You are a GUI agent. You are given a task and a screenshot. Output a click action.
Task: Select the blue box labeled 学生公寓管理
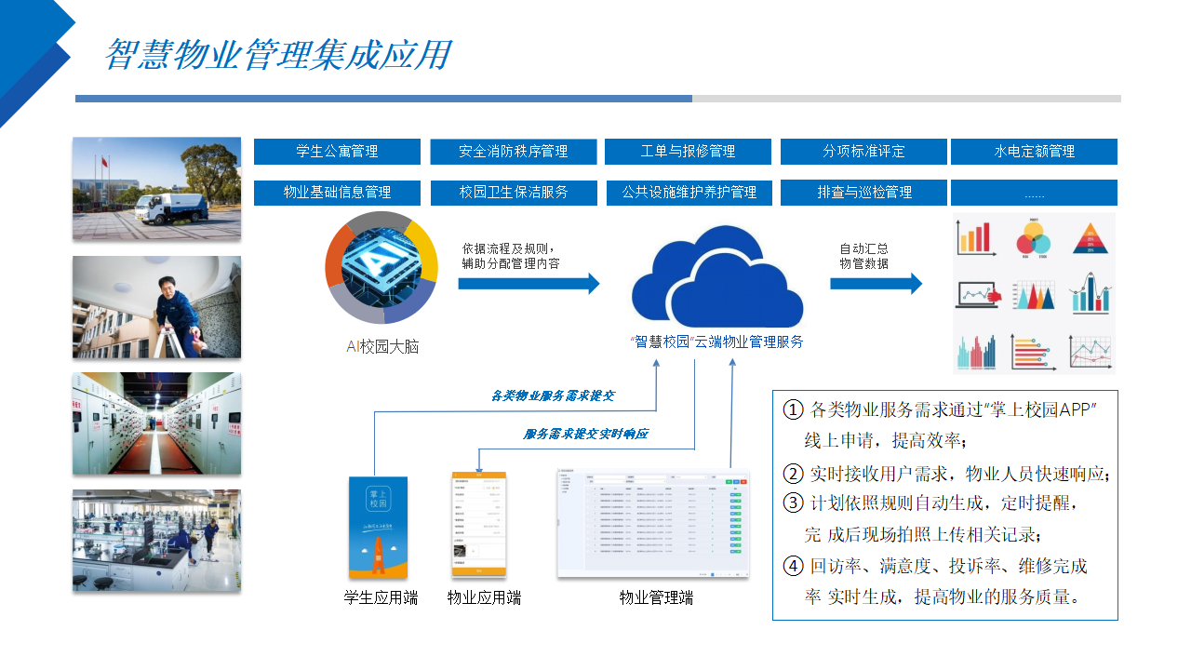pos(337,152)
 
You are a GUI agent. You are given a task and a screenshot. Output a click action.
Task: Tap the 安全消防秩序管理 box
pos(513,152)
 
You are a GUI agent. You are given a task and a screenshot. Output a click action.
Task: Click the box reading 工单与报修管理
pos(688,152)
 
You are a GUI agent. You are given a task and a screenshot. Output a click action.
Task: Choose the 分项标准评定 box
pos(863,152)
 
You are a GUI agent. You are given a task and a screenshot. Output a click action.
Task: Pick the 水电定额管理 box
pos(1034,152)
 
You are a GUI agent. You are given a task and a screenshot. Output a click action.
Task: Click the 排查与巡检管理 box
pos(863,193)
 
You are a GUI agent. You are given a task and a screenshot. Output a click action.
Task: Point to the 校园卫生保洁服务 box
pos(513,193)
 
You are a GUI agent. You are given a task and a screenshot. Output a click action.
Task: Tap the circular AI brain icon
pos(381,267)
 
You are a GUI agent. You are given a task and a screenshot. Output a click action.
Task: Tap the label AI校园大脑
pos(381,347)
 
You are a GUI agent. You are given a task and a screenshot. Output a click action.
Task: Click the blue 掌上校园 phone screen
pos(378,528)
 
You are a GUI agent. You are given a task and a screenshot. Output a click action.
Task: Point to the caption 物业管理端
pos(656,597)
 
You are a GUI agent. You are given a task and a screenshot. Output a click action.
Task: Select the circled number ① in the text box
pos(794,410)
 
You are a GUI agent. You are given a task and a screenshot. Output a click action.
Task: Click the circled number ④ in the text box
pos(794,566)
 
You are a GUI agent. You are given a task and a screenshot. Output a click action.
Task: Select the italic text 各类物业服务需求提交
pos(553,395)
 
